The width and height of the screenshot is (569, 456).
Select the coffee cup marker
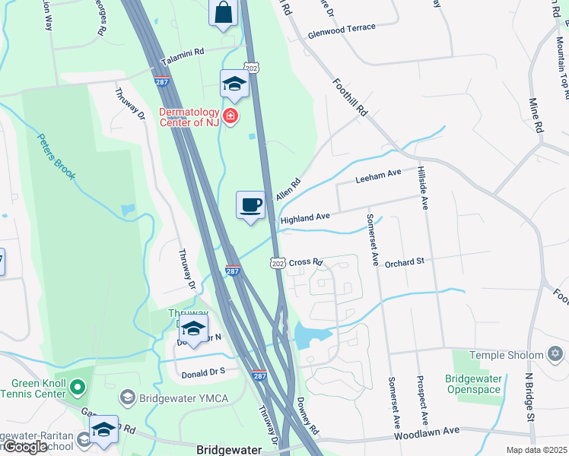(x=250, y=205)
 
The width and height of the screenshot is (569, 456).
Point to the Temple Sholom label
(x=507, y=355)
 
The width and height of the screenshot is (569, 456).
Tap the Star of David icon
(x=555, y=355)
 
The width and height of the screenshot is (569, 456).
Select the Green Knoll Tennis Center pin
(x=77, y=388)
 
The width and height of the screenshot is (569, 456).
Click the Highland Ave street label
(x=304, y=218)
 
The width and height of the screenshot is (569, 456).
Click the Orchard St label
(x=404, y=263)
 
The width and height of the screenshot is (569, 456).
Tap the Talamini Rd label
(x=183, y=57)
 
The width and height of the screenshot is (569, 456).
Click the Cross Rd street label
(x=306, y=262)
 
